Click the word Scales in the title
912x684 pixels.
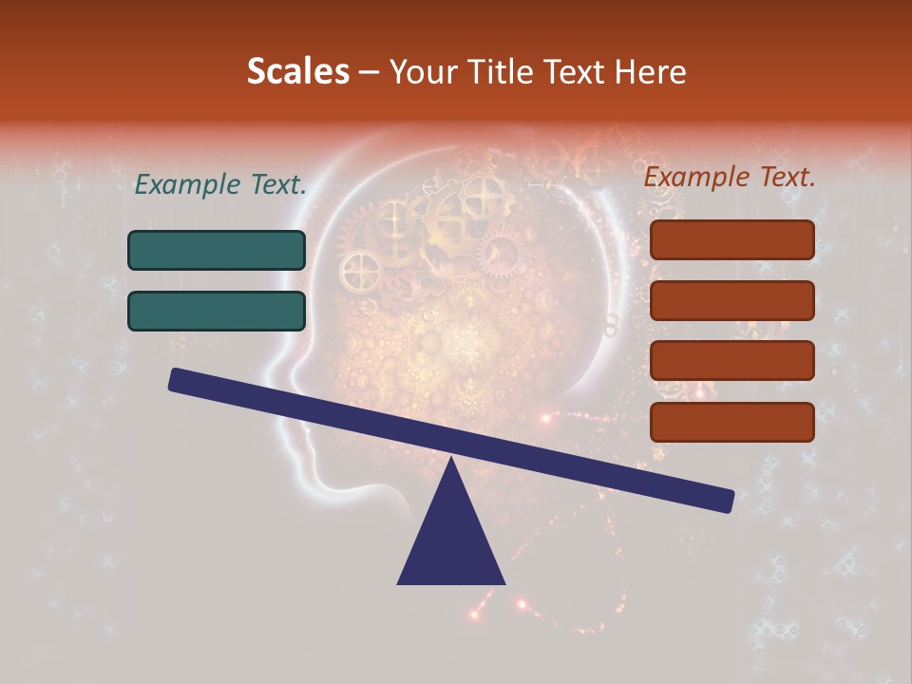(297, 71)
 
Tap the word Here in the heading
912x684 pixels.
(650, 71)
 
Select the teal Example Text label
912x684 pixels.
(220, 185)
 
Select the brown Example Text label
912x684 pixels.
(730, 177)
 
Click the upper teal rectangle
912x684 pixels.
(217, 250)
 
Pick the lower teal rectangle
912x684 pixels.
(217, 311)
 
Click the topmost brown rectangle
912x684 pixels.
(731, 239)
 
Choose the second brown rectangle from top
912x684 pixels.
(731, 300)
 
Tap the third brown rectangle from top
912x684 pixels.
(731, 361)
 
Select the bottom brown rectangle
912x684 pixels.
(731, 422)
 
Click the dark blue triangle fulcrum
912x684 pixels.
(451, 541)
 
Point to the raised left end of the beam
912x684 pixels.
(175, 379)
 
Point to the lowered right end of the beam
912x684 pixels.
(728, 502)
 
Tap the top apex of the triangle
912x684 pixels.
(451, 460)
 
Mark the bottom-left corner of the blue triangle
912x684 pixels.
(399, 582)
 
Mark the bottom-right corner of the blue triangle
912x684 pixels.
(503, 582)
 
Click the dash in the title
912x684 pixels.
(369, 71)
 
